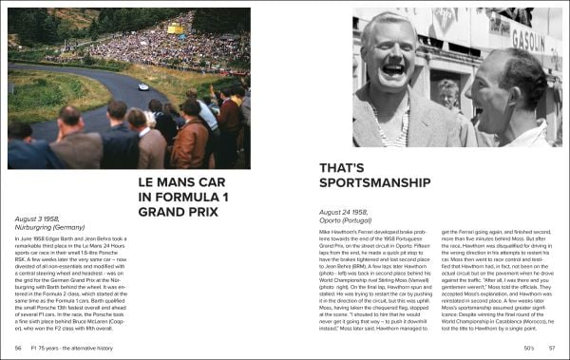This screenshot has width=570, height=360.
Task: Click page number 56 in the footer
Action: pos(19,351)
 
